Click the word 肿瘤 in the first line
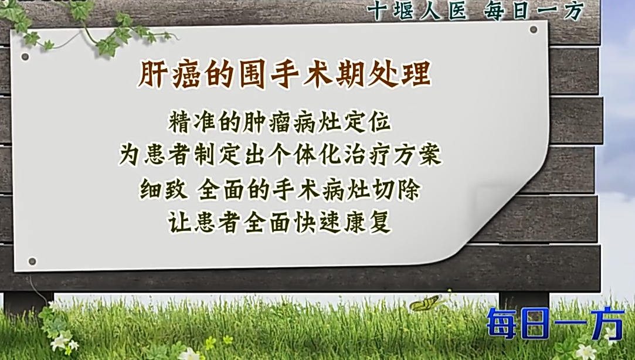266,122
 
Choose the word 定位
367,122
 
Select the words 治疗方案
392,155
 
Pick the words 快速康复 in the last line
343,222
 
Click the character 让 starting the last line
180,222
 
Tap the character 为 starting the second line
130,155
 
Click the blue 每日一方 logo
555,322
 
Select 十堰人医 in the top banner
417,11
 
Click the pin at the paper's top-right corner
534,29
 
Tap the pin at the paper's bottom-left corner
32,261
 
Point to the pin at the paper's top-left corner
25,57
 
